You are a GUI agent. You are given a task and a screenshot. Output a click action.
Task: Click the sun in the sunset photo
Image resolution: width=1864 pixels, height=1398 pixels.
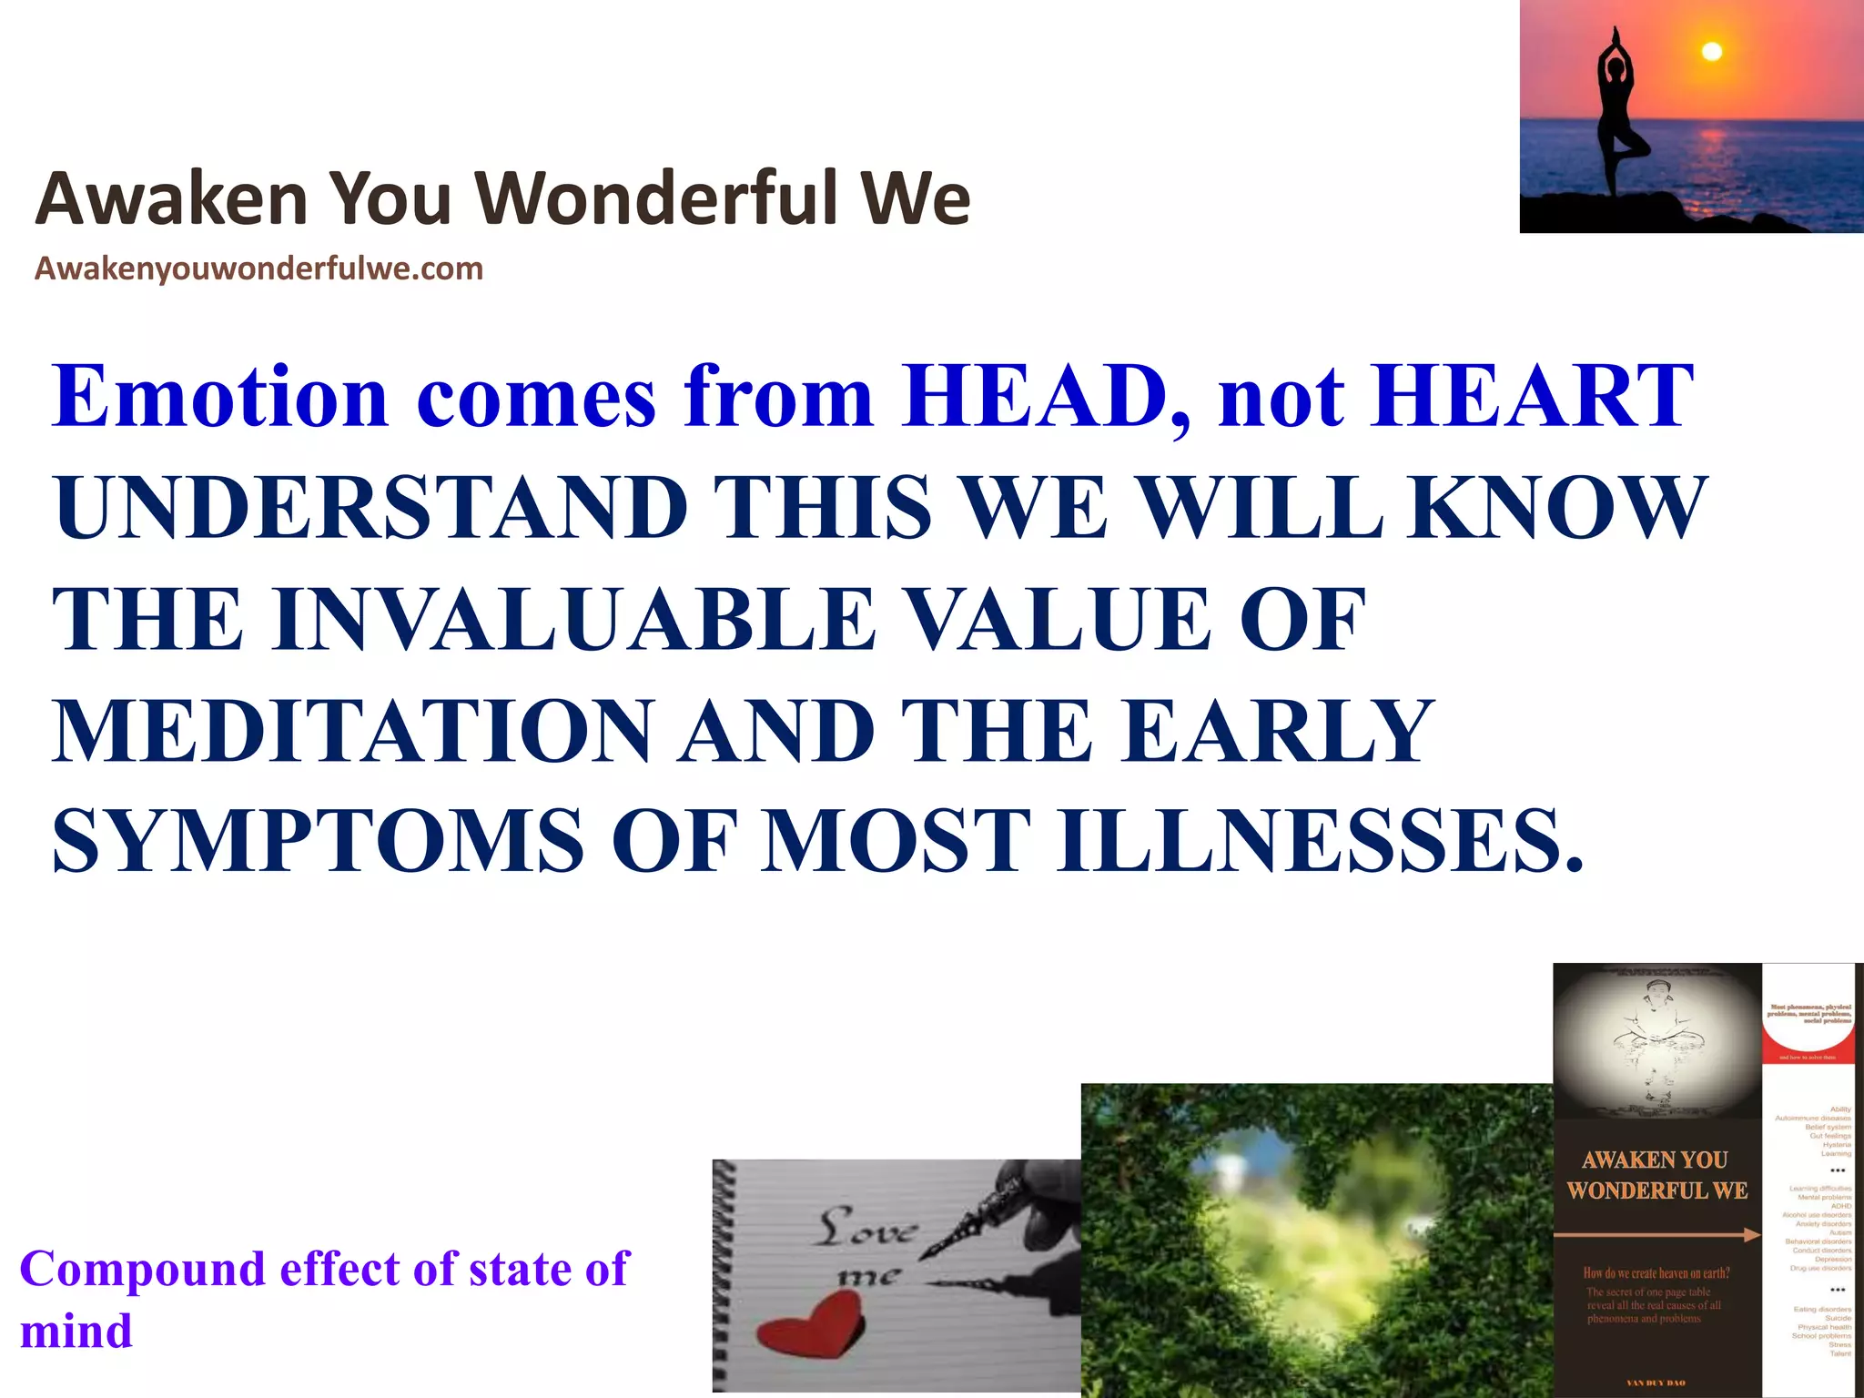[x=1712, y=52]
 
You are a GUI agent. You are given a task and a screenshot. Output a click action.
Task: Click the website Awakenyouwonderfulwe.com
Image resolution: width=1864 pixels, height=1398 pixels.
[x=258, y=269]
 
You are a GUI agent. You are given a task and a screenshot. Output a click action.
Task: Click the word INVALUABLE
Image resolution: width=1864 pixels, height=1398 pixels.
[x=573, y=620]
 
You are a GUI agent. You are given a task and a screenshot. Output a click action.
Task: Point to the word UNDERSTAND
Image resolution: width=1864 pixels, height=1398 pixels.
[x=370, y=508]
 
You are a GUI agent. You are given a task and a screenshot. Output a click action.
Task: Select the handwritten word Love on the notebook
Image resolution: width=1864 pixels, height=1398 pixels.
[x=865, y=1229]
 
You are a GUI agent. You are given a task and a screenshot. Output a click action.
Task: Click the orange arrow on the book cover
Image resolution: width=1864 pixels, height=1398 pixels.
[x=1656, y=1235]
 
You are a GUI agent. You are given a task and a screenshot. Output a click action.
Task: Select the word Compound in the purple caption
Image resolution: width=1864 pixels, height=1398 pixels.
[x=142, y=1269]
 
